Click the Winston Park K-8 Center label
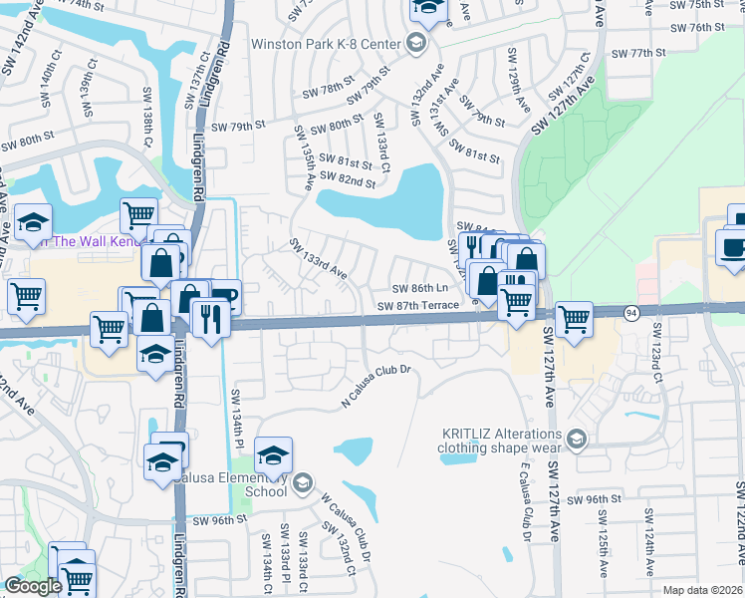tap(326, 44)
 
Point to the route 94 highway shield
tap(631, 313)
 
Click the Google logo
tap(34, 586)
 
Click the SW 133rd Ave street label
tap(318, 258)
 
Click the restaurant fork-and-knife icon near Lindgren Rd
tap(210, 319)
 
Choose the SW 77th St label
tap(637, 53)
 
